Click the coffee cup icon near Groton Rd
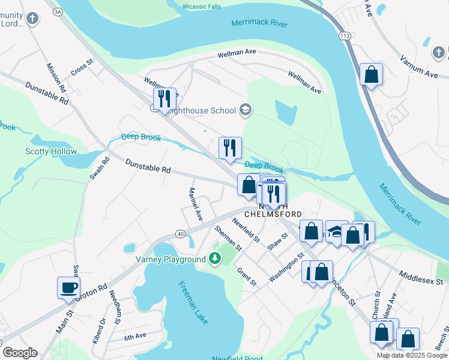(68, 286)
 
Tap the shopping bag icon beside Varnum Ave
(372, 75)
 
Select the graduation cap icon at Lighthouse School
(245, 110)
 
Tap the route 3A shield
(58, 11)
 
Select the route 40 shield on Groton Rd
(179, 233)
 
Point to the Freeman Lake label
(193, 302)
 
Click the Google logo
(20, 353)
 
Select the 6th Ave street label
(135, 336)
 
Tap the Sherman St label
(228, 238)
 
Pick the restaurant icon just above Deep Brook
(229, 148)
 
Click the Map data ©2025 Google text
(411, 355)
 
